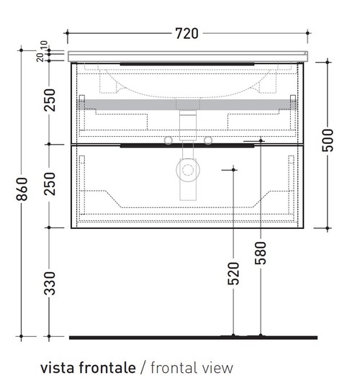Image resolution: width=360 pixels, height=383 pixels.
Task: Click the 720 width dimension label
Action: click(x=186, y=33)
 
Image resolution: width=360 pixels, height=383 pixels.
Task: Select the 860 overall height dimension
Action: click(x=22, y=189)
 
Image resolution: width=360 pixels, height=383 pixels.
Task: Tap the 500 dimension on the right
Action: click(x=328, y=140)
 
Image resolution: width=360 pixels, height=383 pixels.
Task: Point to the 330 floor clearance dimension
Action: click(x=50, y=284)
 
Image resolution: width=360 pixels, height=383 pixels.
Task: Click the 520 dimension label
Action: click(x=233, y=274)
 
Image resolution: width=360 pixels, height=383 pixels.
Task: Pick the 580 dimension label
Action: click(x=261, y=253)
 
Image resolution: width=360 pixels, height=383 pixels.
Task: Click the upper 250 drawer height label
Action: click(x=50, y=100)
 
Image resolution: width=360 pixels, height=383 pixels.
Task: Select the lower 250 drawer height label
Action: click(x=50, y=184)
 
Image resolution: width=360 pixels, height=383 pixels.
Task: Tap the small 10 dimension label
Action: click(x=44, y=45)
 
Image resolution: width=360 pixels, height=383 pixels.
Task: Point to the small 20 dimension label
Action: click(x=40, y=58)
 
